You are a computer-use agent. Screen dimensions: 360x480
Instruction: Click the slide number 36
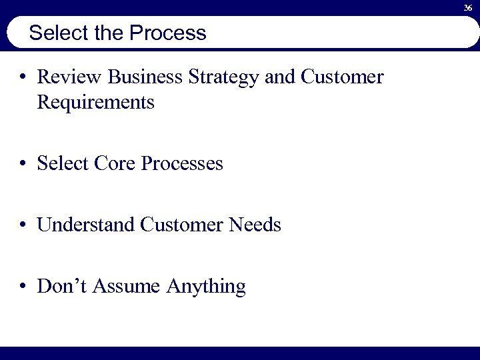[x=468, y=7]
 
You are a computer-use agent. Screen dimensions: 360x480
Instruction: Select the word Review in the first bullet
[x=68, y=78]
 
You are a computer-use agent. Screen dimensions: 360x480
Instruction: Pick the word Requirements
[x=96, y=103]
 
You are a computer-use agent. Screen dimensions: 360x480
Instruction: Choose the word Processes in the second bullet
[x=182, y=164]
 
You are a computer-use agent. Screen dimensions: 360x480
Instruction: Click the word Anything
[x=206, y=287]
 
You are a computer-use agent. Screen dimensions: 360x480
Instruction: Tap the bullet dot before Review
[x=23, y=79]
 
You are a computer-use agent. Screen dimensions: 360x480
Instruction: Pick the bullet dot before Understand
[x=23, y=226]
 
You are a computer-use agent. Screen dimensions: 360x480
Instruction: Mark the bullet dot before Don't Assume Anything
[x=23, y=287]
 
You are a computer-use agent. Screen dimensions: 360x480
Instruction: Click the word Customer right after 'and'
[x=342, y=78]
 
